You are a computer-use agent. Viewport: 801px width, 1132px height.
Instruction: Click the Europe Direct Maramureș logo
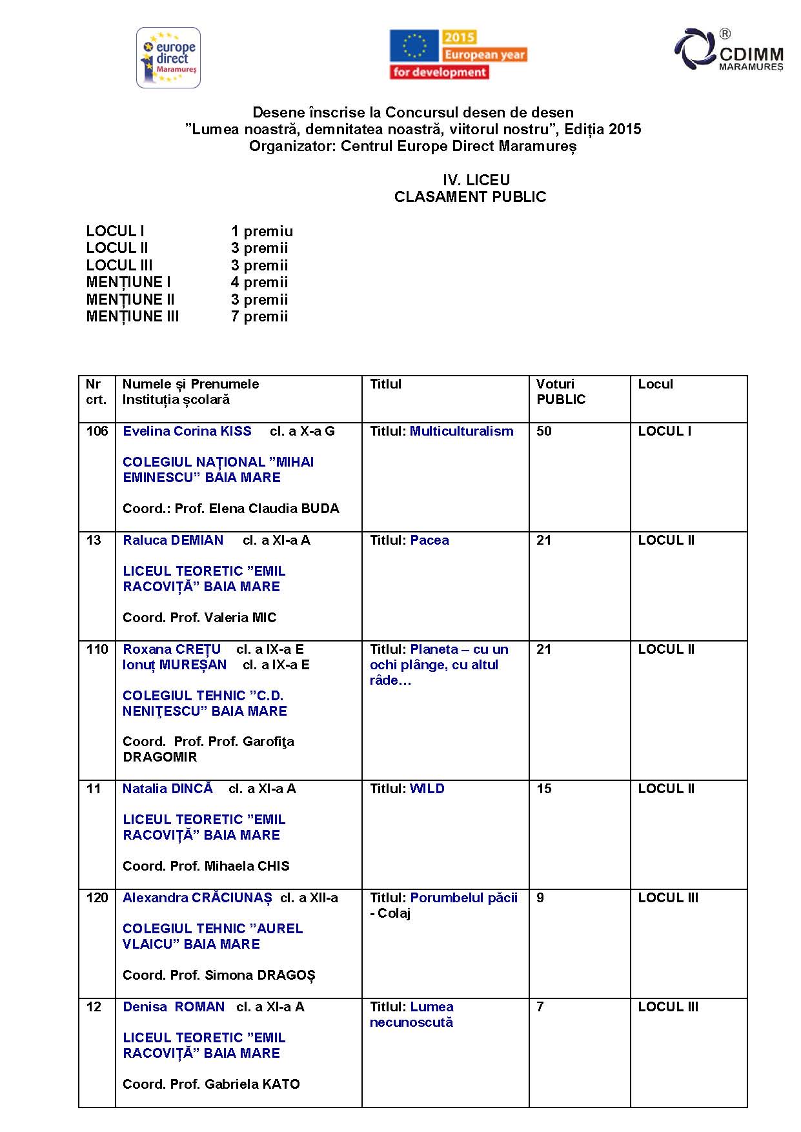168,57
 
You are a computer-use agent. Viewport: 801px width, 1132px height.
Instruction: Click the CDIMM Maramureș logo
729,50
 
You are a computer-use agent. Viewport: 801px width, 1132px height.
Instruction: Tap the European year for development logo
458,55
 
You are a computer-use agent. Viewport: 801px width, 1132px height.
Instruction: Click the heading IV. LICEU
476,180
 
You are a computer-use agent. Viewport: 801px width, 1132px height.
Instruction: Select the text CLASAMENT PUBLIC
470,197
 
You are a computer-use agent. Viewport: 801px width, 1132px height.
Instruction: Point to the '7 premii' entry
259,316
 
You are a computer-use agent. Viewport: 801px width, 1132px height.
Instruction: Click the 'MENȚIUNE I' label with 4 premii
128,282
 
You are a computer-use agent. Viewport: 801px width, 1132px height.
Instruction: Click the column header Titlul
385,384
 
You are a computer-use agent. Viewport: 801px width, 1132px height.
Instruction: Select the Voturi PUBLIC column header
560,392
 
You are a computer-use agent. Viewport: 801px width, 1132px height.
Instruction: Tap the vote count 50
544,431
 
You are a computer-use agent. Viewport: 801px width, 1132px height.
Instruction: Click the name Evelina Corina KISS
187,431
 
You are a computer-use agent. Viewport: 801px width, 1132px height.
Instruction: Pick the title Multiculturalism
461,431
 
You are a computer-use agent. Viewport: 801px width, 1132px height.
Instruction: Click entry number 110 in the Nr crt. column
97,649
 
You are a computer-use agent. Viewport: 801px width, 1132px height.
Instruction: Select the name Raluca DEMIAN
173,540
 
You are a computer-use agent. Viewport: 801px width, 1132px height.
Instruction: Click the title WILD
427,789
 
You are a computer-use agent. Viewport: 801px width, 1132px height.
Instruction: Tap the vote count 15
544,789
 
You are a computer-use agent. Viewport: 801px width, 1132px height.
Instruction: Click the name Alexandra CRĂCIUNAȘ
198,898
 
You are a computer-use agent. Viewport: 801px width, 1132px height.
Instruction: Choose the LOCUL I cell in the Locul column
664,431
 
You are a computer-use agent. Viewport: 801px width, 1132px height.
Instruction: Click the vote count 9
540,898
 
